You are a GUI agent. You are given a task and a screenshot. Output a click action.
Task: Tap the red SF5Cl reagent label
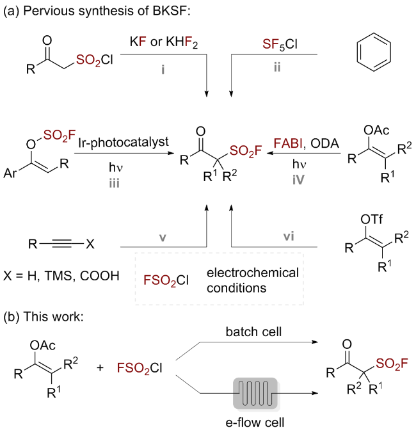[280, 44]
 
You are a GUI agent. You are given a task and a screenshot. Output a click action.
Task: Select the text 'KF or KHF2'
[164, 42]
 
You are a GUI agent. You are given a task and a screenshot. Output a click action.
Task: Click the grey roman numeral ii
[277, 67]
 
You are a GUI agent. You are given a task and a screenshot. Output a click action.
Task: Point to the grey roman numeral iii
[114, 183]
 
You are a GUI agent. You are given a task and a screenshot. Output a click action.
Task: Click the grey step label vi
[289, 236]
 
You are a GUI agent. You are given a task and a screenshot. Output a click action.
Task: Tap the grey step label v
[163, 237]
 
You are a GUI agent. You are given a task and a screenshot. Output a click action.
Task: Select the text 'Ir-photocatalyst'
[123, 142]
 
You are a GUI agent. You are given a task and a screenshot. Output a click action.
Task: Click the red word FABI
[288, 143]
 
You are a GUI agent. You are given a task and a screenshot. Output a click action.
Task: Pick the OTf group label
[371, 219]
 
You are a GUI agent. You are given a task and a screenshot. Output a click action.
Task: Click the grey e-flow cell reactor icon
[256, 393]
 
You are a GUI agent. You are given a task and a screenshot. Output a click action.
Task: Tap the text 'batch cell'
[253, 332]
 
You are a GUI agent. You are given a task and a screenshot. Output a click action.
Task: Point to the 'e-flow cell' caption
[255, 422]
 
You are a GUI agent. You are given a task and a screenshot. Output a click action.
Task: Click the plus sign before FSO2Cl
[100, 367]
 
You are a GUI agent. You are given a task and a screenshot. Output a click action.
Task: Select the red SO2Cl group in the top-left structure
[94, 60]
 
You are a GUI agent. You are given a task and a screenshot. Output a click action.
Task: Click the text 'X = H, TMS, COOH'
[61, 276]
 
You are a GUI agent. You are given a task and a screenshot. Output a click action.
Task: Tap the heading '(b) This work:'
[44, 317]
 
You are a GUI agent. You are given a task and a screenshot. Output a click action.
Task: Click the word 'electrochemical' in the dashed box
[253, 273]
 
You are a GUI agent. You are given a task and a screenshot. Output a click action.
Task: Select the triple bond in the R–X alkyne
[61, 244]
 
